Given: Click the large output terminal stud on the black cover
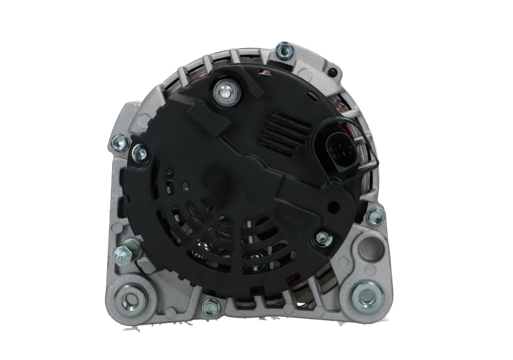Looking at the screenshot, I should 226,91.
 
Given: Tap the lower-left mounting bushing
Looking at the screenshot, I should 134,297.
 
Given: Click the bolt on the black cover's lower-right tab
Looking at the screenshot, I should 320,239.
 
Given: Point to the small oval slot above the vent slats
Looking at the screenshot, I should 311,96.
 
